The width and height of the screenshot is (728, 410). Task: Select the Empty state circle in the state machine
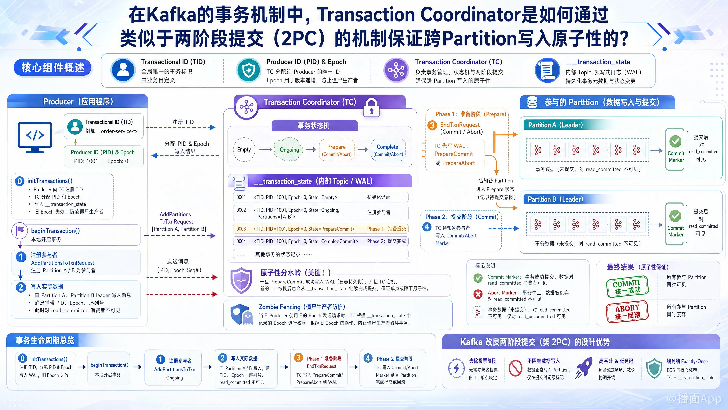pos(244,149)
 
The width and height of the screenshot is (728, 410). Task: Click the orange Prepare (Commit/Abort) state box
pos(337,150)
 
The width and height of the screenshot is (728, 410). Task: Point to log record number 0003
pos(241,229)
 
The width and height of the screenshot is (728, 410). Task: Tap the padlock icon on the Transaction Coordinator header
pos(371,108)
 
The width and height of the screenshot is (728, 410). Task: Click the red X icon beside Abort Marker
pos(478,294)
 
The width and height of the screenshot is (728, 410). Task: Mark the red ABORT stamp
pos(627,311)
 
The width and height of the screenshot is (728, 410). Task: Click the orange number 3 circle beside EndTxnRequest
pos(432,125)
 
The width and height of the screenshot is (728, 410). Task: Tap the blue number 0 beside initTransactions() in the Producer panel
pos(20,181)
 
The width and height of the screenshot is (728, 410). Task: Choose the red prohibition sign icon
pos(515,368)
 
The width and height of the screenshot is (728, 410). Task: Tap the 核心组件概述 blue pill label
pos(53,68)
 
